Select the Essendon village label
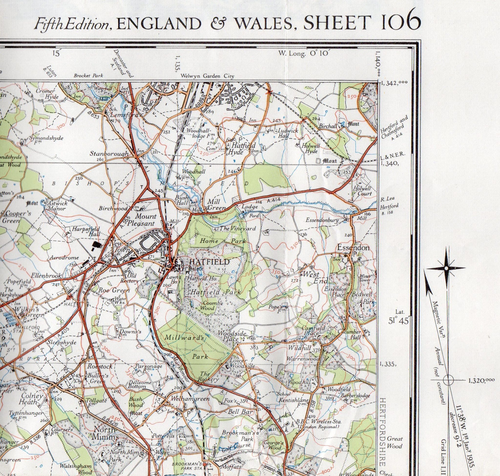353,247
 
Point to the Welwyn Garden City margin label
207,76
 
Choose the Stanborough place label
109,154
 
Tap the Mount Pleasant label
145,220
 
